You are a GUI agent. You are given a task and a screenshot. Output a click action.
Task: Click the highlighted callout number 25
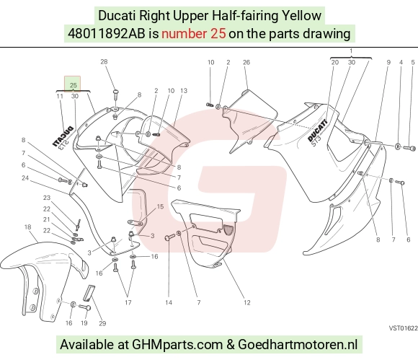(x=73, y=85)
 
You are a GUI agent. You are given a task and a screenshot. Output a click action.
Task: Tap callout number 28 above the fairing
(x=104, y=61)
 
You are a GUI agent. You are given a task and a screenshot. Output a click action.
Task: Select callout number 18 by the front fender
(x=27, y=227)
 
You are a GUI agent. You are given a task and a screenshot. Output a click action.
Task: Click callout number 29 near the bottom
(x=102, y=323)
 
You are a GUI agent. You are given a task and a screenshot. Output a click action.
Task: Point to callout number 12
(x=247, y=302)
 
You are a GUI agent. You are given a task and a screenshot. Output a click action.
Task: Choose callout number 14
(x=169, y=302)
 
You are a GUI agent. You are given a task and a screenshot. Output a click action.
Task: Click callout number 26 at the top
(x=246, y=63)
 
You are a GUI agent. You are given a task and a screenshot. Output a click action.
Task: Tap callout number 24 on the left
(x=25, y=178)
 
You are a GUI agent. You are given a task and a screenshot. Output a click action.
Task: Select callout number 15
(x=160, y=206)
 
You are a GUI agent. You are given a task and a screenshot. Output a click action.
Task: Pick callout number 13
(x=184, y=91)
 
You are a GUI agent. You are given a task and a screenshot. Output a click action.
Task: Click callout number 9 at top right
(x=388, y=63)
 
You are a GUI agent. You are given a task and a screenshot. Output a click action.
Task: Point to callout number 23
(x=47, y=198)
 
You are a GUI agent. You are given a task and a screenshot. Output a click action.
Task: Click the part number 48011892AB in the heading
(x=107, y=34)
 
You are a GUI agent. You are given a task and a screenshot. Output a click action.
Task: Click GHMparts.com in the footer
(x=177, y=345)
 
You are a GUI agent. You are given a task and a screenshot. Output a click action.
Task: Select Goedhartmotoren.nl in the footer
(x=298, y=345)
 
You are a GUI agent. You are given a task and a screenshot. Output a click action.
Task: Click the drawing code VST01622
(x=404, y=328)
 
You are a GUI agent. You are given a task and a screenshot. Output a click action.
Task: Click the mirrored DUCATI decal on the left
(x=63, y=137)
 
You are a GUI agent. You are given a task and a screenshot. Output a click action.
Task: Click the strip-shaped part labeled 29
(x=89, y=294)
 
